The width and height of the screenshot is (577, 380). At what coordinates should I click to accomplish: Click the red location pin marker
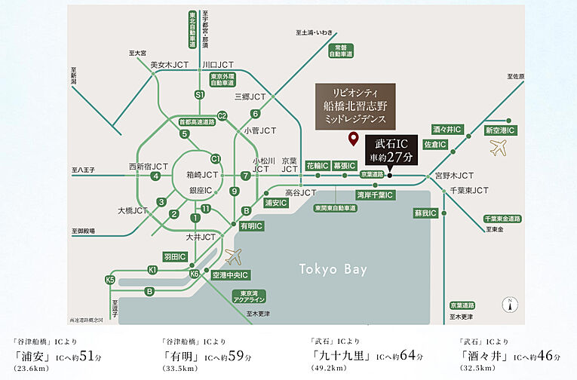352,139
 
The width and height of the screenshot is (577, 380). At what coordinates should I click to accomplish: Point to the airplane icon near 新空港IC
498,148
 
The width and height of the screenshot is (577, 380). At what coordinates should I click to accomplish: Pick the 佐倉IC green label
436,144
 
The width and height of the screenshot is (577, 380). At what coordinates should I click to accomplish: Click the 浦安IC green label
275,203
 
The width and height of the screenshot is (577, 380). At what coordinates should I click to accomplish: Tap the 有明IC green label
251,225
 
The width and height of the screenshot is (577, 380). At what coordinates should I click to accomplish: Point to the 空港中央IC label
230,274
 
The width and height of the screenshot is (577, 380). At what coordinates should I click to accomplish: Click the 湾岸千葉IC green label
374,195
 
